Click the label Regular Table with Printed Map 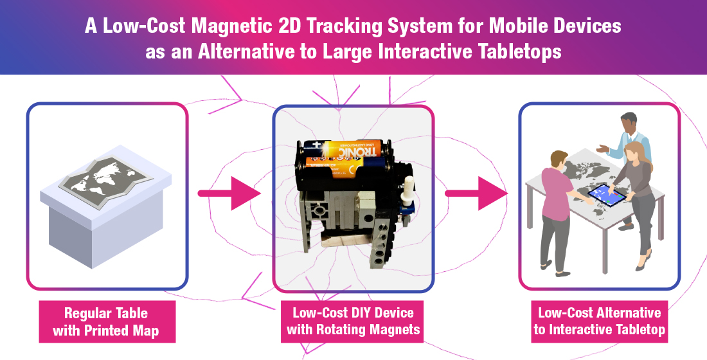(106, 322)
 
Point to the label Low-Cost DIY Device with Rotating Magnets (353, 322)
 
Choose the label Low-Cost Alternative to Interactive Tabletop (599, 322)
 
